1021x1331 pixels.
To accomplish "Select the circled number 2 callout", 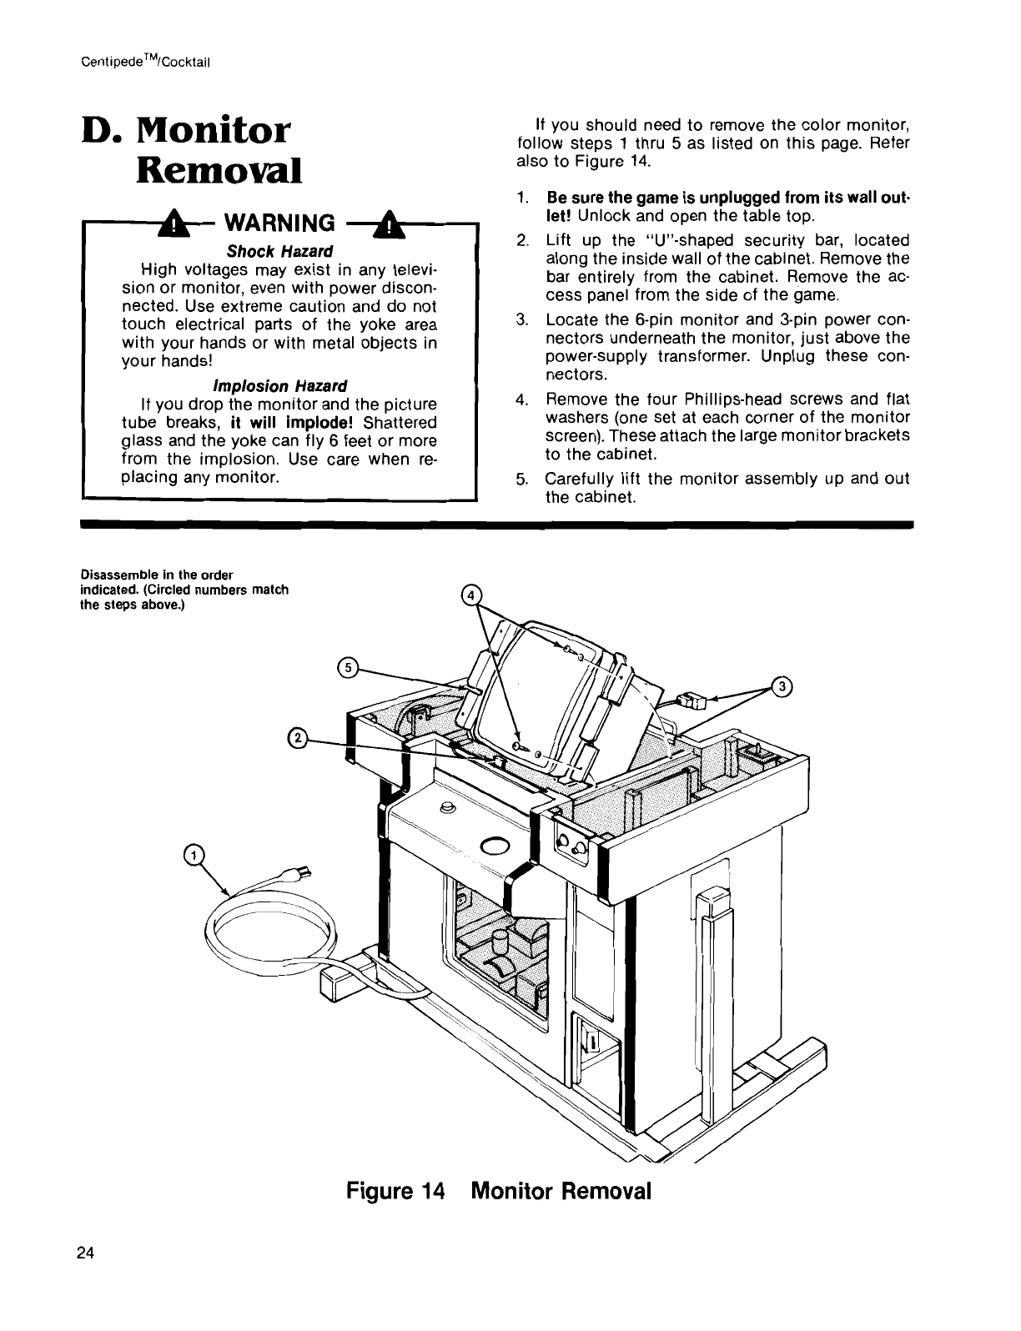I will (x=296, y=737).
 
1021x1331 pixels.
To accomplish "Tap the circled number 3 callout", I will (x=782, y=686).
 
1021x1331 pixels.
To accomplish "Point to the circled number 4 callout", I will (x=471, y=595).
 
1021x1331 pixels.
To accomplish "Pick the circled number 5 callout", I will (x=346, y=666).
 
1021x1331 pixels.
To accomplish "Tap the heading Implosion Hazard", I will (x=279, y=386).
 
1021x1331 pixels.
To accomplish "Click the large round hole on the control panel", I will (x=494, y=846).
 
